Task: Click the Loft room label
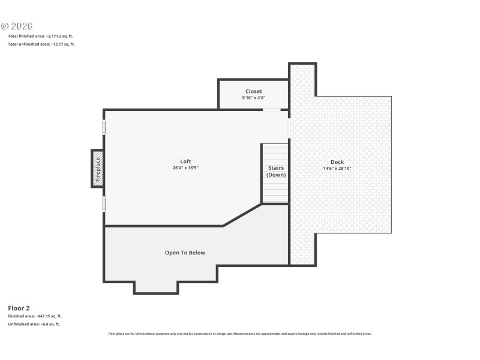coord(185,161)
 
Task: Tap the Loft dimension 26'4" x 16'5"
coord(185,168)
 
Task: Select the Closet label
coord(253,91)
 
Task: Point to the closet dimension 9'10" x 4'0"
coord(253,98)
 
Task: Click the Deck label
coord(337,162)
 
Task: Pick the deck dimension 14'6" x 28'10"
coord(337,169)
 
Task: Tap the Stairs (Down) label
coord(275,172)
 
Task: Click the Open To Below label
coord(185,253)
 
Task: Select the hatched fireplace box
coord(97,169)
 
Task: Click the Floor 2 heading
coord(19,308)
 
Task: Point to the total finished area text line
coord(41,36)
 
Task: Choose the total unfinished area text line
coord(41,44)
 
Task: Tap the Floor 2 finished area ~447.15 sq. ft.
coord(34,316)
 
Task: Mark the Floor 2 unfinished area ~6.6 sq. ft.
coord(34,324)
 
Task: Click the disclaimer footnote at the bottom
coord(239,334)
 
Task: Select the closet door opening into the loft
coord(271,110)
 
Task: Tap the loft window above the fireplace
coord(104,127)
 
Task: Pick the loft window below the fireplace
coord(104,204)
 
